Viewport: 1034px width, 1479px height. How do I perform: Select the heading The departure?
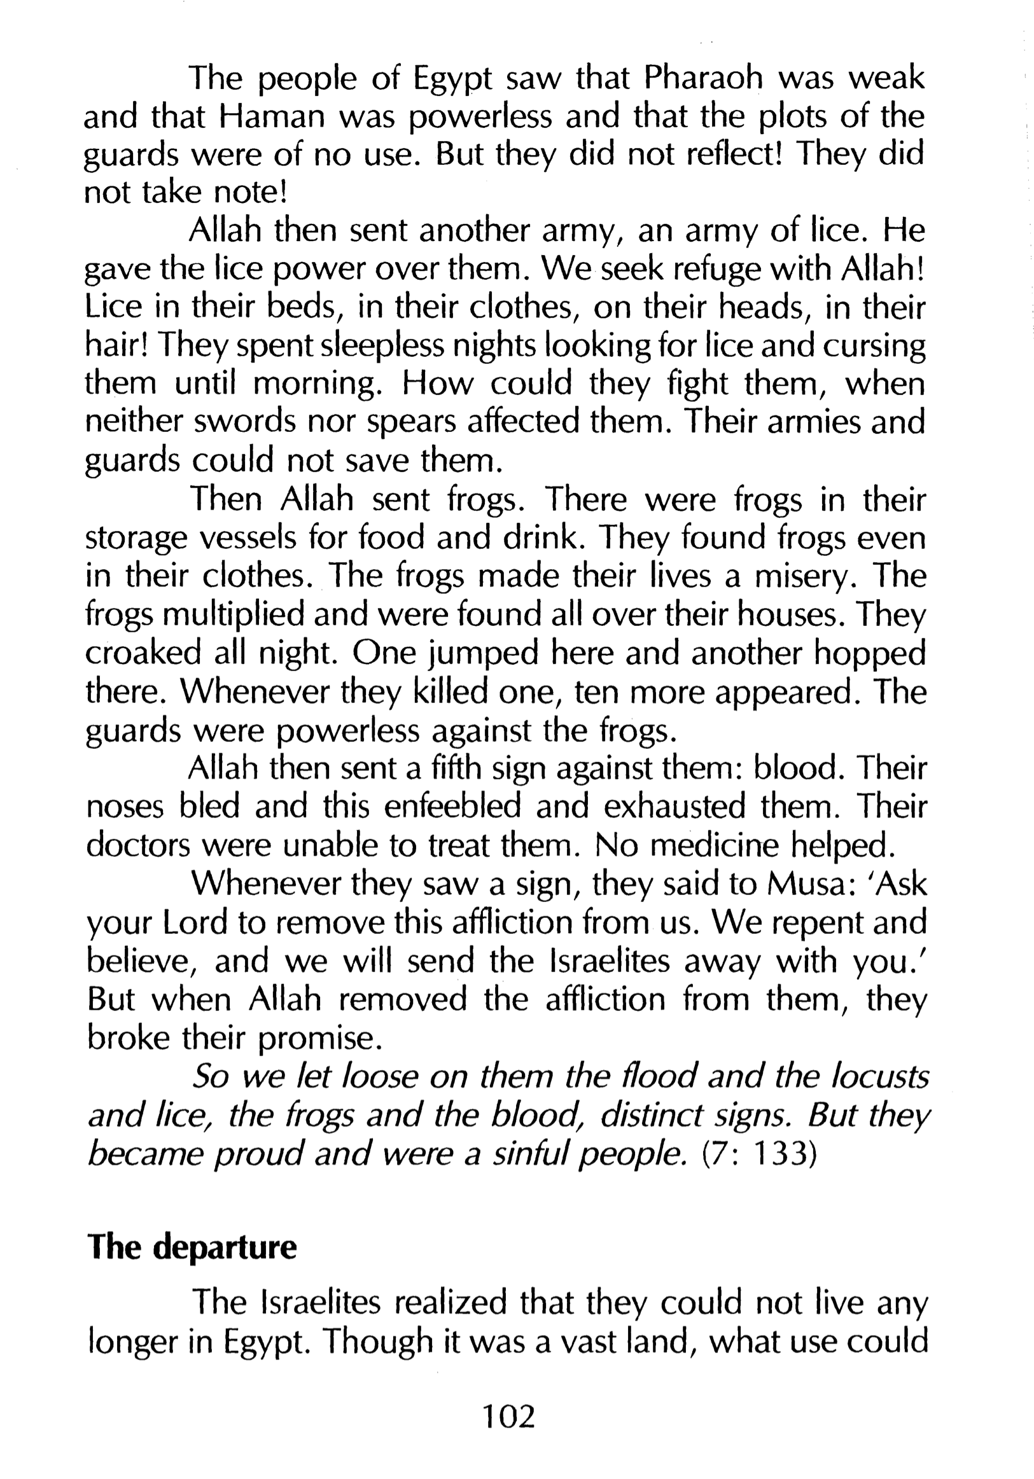pos(192,1247)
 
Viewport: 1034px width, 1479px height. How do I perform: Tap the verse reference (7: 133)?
pos(759,1155)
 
